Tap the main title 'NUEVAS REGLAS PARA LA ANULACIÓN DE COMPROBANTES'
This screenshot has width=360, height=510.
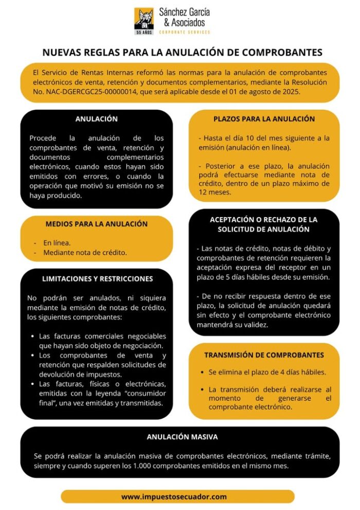tap(182, 52)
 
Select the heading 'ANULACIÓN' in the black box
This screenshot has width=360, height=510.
tap(96, 119)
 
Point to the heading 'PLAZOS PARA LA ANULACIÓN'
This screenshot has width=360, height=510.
tap(264, 119)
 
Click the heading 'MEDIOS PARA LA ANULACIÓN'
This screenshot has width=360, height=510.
tap(96, 224)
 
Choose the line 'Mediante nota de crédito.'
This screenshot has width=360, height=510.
tap(85, 252)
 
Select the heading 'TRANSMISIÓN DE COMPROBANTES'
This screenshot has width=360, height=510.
tap(264, 355)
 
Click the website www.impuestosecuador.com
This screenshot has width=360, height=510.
tap(174, 497)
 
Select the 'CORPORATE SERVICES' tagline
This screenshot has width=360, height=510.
tap(184, 32)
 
